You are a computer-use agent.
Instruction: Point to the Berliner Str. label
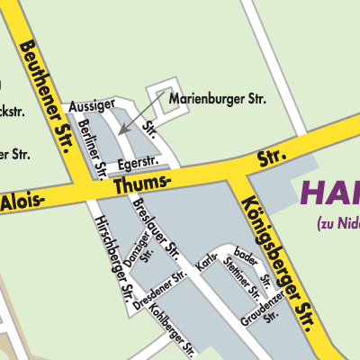point(94,147)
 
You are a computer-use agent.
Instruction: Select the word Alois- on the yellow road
point(22,202)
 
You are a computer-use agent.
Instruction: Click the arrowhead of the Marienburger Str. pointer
point(120,132)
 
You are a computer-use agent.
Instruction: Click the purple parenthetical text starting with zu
point(337,223)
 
